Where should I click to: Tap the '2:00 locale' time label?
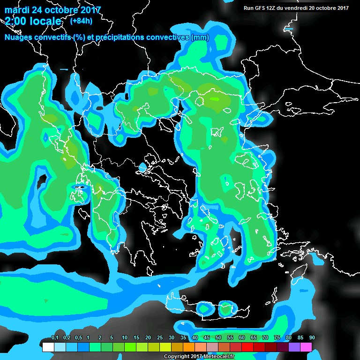coord(33,21)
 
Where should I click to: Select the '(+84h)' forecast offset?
coord(81,21)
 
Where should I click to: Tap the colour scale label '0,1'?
coord(55,337)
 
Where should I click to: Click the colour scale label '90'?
coord(312,337)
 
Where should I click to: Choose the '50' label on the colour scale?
coord(218,337)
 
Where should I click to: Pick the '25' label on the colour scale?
coord(160,337)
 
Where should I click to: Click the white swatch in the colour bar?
coord(48,347)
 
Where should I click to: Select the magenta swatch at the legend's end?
coord(306,347)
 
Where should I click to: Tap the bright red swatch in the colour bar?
coord(247,347)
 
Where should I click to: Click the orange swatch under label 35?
coord(189,347)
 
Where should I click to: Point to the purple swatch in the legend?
coord(294,347)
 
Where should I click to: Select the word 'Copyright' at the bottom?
coord(176,356)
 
